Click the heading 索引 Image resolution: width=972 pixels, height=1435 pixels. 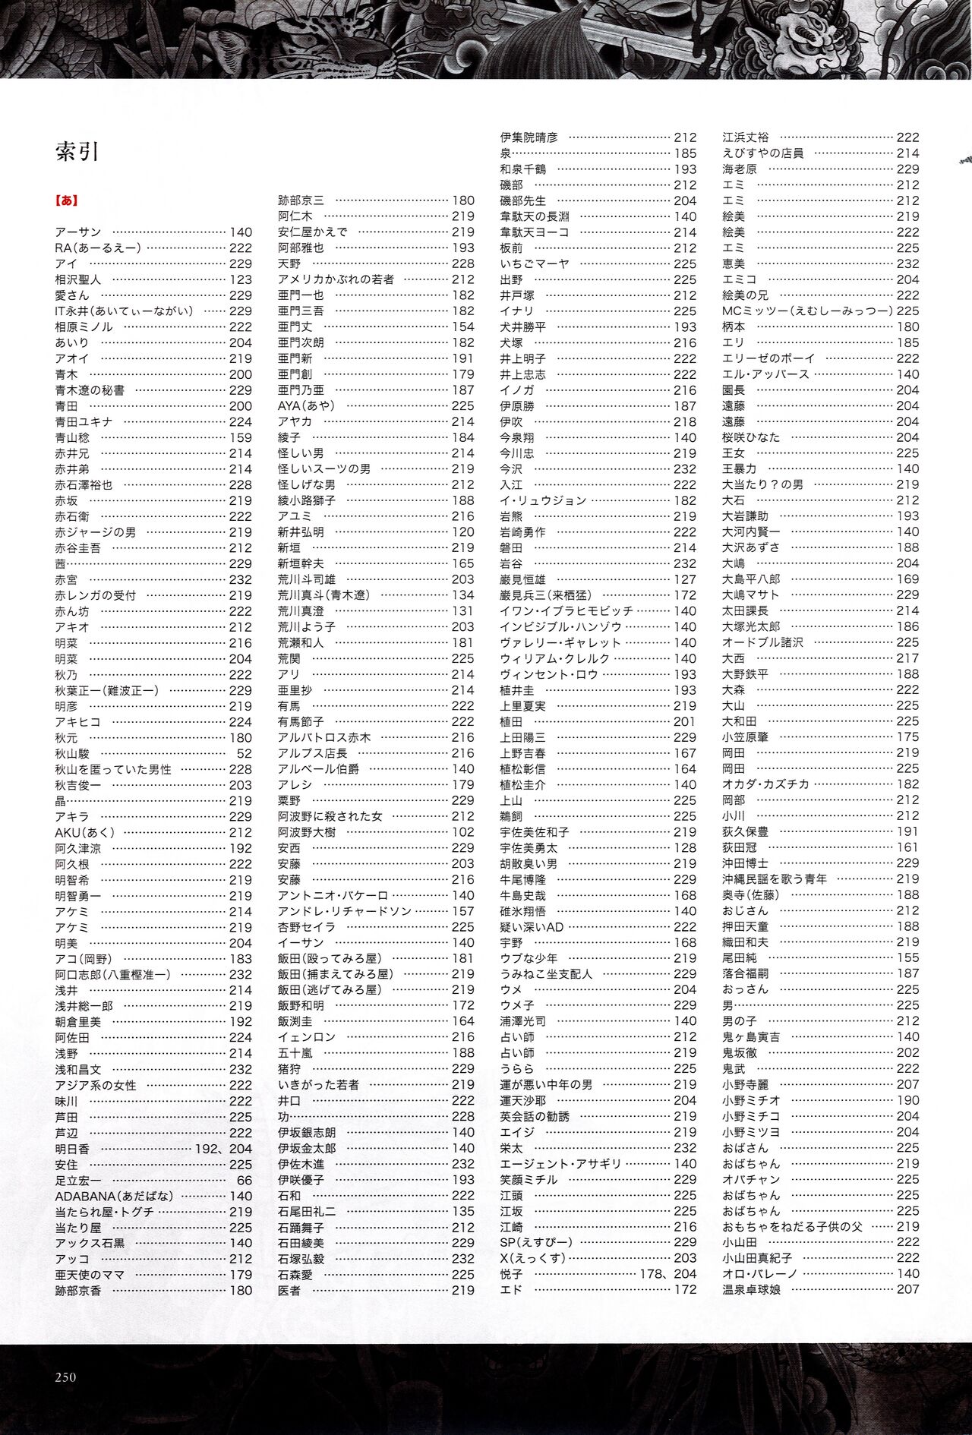click(77, 152)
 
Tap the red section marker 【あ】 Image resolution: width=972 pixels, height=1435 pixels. click(67, 200)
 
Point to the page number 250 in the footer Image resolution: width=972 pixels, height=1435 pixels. click(65, 1377)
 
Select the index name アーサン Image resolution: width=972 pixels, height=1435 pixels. click(77, 232)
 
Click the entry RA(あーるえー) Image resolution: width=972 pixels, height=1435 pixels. click(98, 248)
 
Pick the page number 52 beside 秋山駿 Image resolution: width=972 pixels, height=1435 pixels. click(244, 753)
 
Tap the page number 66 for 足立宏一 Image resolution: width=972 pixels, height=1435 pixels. click(244, 1180)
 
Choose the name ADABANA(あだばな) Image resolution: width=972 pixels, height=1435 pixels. click(114, 1196)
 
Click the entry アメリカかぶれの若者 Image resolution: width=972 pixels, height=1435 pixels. click(336, 279)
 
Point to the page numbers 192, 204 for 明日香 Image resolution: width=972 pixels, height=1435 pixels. click(223, 1149)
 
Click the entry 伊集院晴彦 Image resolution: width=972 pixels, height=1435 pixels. click(529, 137)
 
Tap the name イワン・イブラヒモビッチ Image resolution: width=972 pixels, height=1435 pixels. click(566, 611)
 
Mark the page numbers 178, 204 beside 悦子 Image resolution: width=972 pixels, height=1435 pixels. click(668, 1274)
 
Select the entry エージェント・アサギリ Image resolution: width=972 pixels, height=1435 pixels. click(560, 1164)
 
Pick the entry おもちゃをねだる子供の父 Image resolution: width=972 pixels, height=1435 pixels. click(793, 1227)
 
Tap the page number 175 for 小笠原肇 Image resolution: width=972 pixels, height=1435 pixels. click(907, 737)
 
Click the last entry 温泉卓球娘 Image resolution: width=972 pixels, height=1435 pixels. click(751, 1289)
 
